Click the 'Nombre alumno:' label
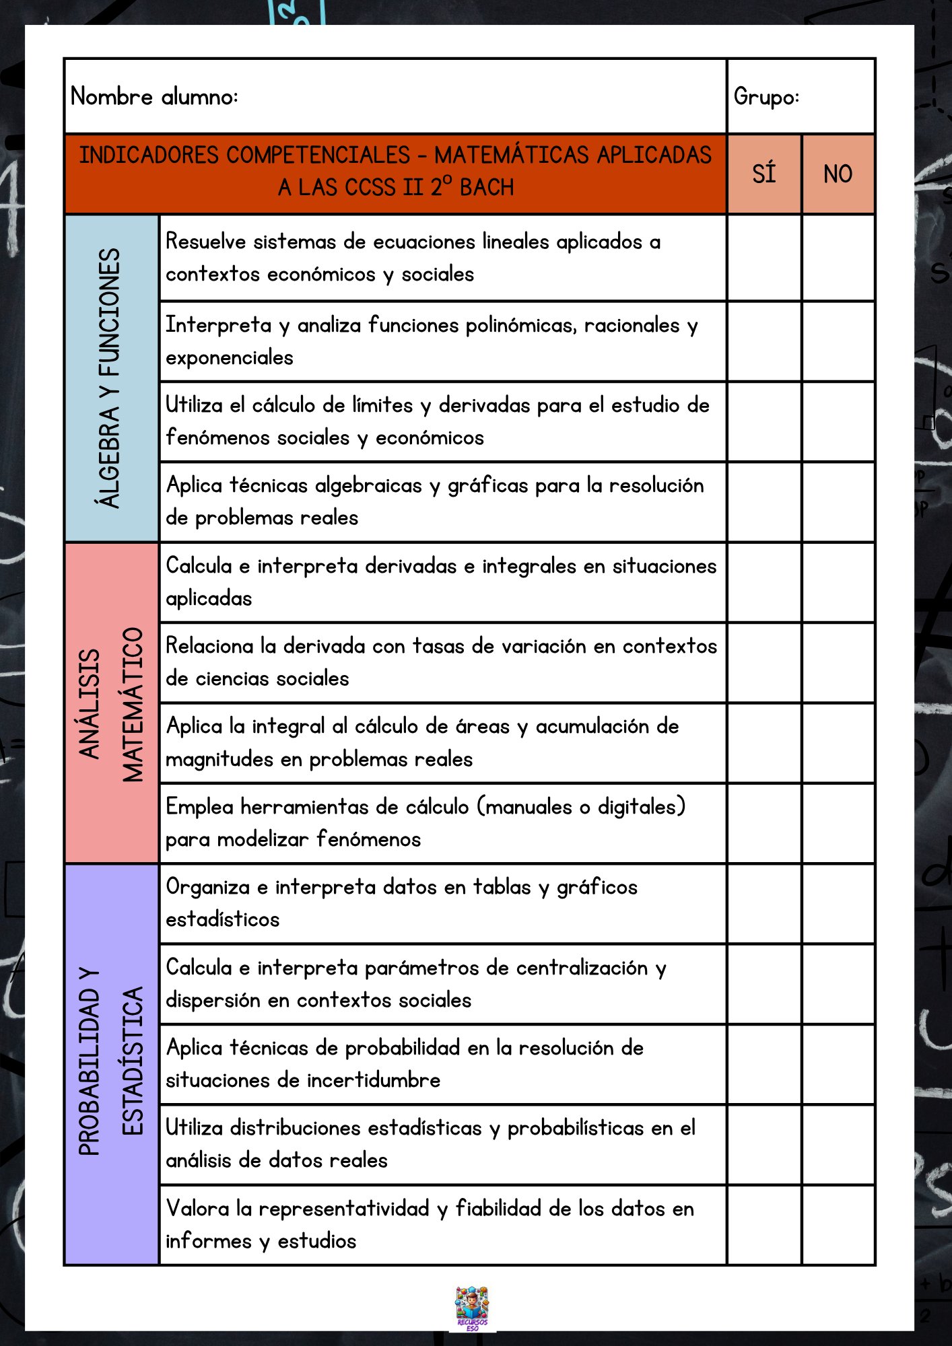click(154, 97)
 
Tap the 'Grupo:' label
click(766, 97)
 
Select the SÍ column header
click(764, 174)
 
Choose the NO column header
click(838, 174)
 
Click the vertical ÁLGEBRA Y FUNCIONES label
click(110, 378)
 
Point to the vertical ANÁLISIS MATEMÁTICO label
click(112, 703)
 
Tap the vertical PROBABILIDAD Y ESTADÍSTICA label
click(112, 1063)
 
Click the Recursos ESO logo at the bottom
click(473, 1308)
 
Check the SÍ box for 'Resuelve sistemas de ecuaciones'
click(764, 258)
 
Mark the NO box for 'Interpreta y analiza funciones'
click(838, 341)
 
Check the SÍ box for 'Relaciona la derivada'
click(764, 663)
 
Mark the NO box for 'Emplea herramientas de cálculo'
click(838, 823)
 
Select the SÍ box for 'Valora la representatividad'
click(764, 1225)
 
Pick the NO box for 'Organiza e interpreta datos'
click(838, 904)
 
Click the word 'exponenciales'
click(230, 358)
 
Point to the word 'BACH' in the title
click(487, 187)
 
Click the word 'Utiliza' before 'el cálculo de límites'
click(195, 405)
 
